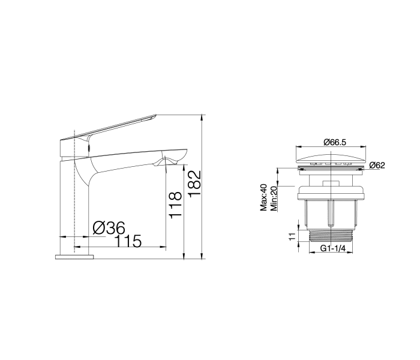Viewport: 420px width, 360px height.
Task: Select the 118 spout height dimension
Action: (175, 205)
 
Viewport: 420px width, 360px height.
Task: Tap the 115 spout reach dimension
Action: (128, 241)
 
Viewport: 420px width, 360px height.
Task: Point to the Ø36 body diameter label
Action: (109, 228)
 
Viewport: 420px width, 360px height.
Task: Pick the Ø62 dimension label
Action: (377, 166)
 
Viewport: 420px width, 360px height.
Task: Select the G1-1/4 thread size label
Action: (333, 249)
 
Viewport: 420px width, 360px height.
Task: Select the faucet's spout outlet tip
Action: (170, 160)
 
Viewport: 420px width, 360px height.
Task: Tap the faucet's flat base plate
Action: (74, 257)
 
